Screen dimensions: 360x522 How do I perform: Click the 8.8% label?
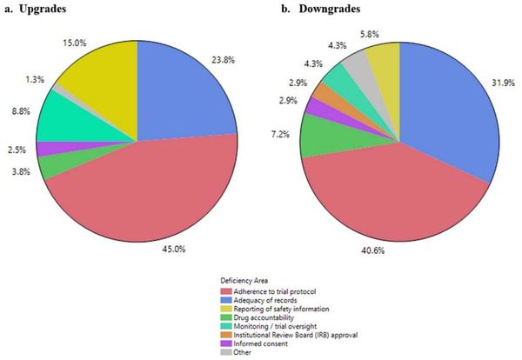point(18,111)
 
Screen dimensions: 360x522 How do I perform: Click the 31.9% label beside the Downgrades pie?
point(502,83)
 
